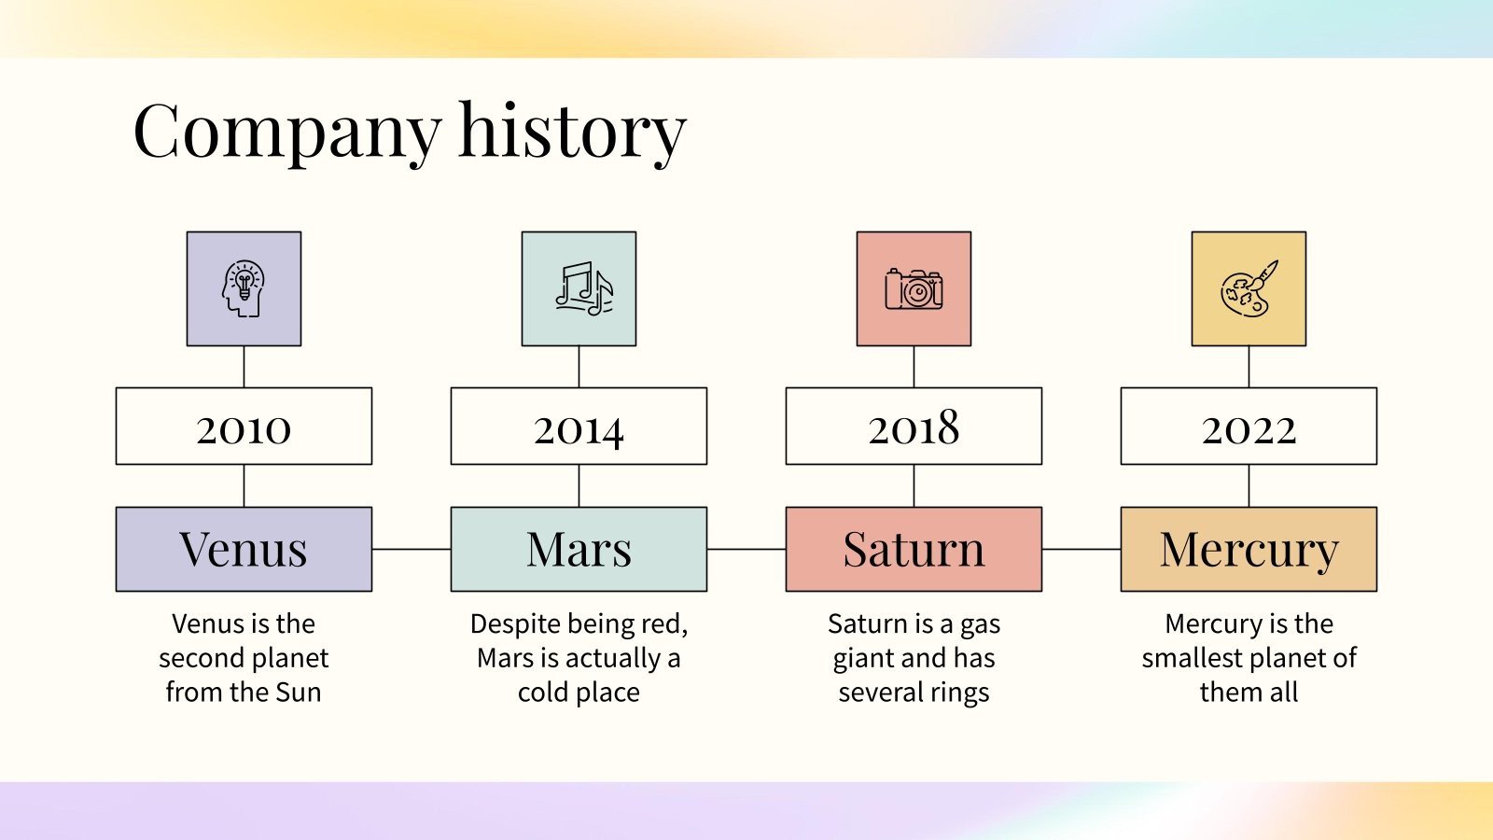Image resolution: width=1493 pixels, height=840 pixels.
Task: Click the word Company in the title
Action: [287, 133]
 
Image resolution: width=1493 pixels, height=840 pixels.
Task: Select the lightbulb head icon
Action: [244, 288]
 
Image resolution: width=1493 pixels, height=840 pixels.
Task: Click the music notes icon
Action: [584, 288]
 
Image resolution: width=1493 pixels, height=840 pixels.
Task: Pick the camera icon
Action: [914, 289]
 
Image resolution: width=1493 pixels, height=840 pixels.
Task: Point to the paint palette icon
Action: [1249, 288]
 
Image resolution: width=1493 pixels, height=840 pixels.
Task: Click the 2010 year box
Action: [244, 426]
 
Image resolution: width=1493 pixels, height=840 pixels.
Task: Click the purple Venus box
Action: [244, 550]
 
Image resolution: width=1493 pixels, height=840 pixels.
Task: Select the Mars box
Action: [579, 550]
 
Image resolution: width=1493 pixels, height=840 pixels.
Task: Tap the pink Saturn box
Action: [914, 550]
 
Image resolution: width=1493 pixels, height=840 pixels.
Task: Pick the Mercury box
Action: [1249, 550]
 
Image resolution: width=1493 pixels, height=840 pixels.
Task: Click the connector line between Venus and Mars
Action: [412, 550]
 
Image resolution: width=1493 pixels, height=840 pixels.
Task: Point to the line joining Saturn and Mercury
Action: [1081, 550]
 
